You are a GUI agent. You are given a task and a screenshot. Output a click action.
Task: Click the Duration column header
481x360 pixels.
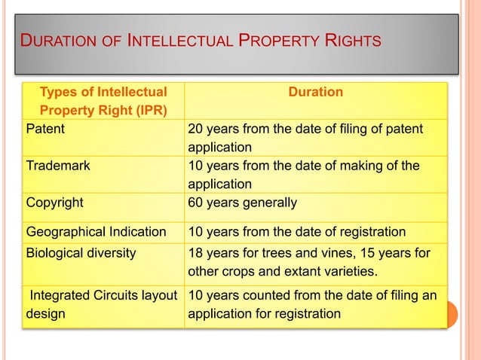316,92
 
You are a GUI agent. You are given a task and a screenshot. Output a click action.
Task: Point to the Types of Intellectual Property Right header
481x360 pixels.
103,102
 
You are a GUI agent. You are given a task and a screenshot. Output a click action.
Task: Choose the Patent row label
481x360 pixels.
45,129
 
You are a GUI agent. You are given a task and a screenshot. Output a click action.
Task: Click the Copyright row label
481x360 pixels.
54,203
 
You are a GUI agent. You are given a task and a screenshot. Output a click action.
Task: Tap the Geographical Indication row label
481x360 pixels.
96,231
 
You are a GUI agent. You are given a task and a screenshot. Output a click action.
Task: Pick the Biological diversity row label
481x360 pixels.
81,253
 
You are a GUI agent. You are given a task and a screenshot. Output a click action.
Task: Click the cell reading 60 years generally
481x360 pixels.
242,203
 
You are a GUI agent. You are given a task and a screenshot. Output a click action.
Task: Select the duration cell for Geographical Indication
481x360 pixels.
296,231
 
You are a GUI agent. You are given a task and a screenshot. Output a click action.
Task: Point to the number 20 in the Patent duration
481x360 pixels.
195,129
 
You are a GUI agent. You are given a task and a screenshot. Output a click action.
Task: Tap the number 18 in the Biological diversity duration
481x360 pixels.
195,253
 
